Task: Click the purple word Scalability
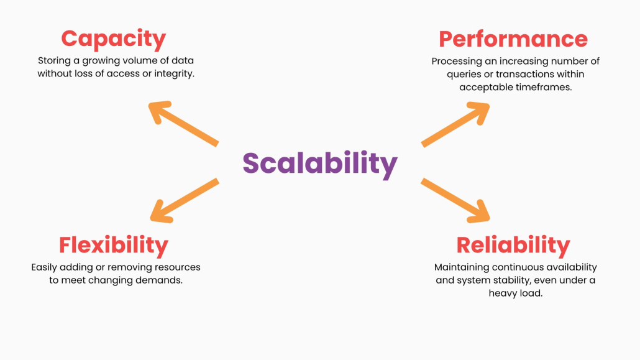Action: click(320, 164)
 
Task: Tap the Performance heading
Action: click(513, 40)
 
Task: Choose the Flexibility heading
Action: click(114, 246)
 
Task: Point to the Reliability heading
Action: click(513, 246)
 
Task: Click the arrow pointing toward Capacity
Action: click(183, 123)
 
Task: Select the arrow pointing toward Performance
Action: click(455, 124)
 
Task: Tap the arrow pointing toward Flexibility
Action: click(185, 200)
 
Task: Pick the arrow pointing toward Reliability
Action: click(455, 200)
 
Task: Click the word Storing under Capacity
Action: click(54, 61)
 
